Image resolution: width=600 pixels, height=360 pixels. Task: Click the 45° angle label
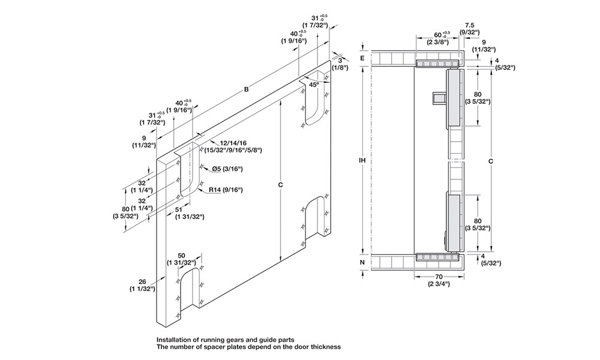click(314, 85)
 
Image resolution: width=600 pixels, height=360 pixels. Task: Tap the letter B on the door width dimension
click(246, 90)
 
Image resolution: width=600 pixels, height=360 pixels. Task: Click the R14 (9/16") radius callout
click(226, 190)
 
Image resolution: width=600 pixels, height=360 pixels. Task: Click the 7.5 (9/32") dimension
click(470, 26)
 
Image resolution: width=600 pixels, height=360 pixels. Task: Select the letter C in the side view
click(491, 161)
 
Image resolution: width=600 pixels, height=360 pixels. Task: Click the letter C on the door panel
click(280, 185)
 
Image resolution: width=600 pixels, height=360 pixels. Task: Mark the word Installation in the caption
click(176, 339)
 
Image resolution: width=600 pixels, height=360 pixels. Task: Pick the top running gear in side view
click(437, 63)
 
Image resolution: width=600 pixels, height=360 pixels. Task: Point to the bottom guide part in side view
click(437, 257)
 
